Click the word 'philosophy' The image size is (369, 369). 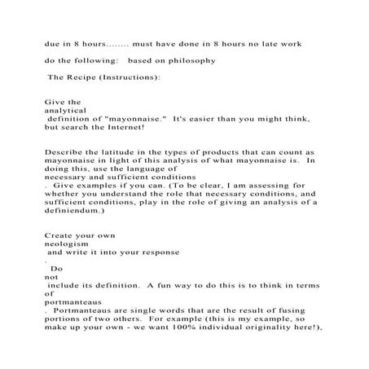(195, 60)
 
